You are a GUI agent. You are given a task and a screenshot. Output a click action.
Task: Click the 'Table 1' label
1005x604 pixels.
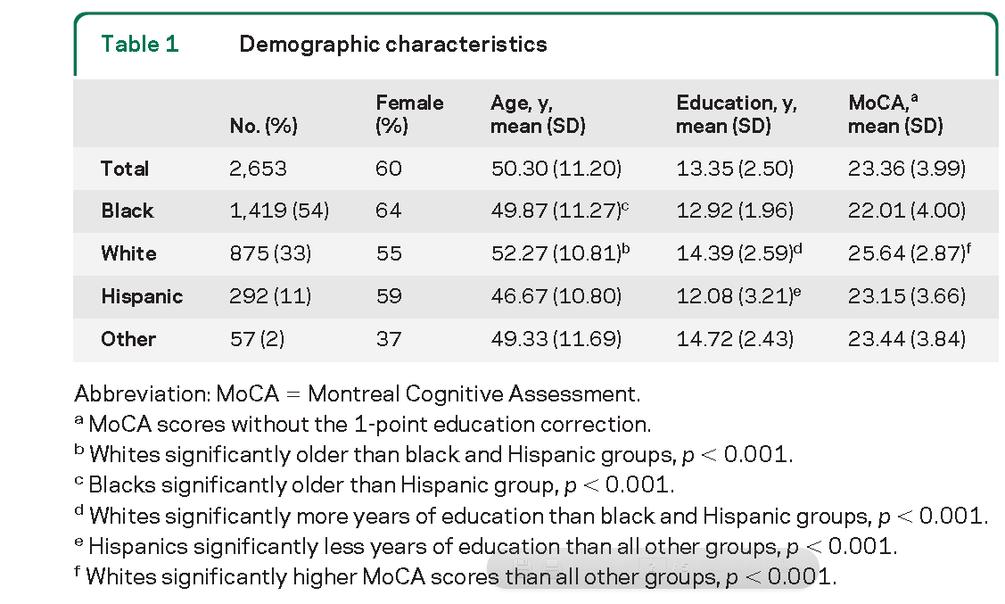(140, 44)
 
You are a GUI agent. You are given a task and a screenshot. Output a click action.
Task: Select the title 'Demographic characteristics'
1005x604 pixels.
(393, 44)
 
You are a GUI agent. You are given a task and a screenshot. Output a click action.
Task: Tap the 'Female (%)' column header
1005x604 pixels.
(409, 114)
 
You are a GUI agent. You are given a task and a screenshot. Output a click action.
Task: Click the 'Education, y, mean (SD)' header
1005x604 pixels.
(737, 114)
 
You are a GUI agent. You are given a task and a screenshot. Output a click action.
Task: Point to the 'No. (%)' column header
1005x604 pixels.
(263, 126)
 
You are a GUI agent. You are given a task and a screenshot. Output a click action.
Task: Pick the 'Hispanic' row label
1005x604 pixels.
(142, 296)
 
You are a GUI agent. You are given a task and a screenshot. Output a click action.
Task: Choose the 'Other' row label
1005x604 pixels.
(128, 338)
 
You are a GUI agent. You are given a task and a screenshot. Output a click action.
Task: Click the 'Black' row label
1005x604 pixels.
(127, 211)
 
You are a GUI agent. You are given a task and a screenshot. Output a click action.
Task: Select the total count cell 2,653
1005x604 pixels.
(258, 169)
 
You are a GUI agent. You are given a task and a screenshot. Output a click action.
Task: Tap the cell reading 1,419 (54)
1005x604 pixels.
(279, 211)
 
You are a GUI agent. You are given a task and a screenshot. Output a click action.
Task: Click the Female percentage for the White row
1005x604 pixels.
(389, 253)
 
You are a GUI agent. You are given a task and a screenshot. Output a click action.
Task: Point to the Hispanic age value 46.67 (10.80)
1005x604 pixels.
(556, 296)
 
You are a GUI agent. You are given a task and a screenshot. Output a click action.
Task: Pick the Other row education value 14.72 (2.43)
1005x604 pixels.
(735, 338)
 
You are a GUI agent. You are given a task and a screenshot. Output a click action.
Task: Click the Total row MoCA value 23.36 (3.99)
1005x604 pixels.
(906, 169)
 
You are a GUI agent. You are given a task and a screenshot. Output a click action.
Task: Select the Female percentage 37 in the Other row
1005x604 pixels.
(389, 338)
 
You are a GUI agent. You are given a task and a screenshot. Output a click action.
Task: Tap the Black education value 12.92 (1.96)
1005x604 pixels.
(735, 211)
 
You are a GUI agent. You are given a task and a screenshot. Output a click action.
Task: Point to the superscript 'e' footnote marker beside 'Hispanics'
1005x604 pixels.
(78, 542)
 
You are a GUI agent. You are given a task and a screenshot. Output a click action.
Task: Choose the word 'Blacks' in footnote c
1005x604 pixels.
(122, 484)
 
